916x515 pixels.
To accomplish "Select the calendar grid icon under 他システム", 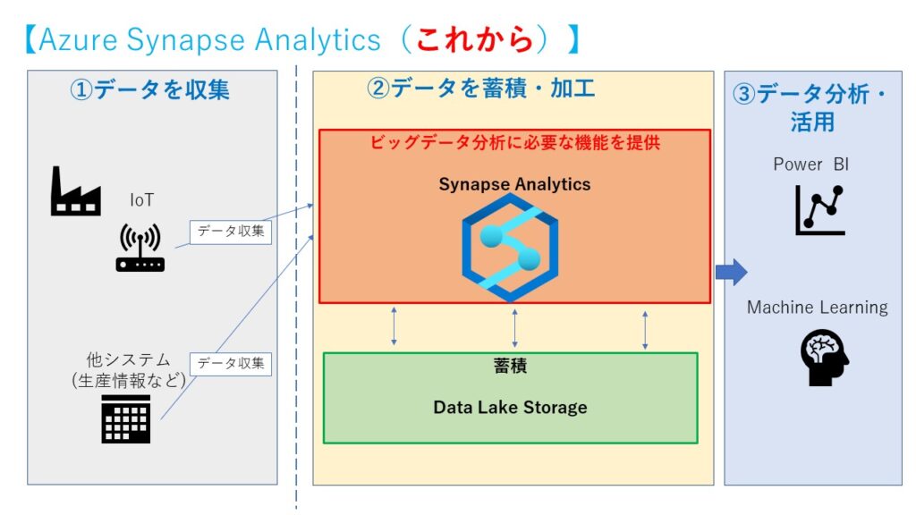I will click(125, 418).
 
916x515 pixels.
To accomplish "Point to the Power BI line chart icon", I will click(819, 209).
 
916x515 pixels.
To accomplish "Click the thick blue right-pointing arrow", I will click(731, 273).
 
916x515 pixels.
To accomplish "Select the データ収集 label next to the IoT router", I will click(231, 232).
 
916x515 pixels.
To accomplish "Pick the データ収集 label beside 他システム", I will click(231, 363).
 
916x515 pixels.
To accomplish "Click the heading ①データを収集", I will click(150, 89).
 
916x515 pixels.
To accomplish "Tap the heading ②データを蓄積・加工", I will click(481, 88).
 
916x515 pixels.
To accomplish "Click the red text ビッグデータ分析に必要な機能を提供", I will click(515, 141).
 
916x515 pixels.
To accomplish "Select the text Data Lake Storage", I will click(510, 407).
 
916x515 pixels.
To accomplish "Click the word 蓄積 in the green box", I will click(510, 367).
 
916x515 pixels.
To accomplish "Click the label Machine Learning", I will click(817, 308).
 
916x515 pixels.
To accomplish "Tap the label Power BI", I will click(810, 165).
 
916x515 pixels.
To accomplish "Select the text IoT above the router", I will click(141, 200).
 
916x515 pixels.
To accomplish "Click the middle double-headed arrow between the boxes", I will click(514, 328).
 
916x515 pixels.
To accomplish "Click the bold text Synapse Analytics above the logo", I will click(514, 184).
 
